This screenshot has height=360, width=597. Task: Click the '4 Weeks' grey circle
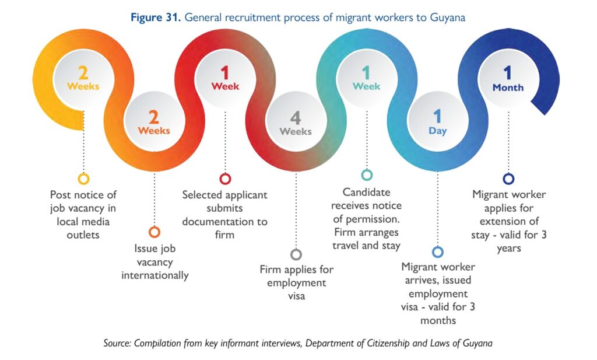[x=296, y=124]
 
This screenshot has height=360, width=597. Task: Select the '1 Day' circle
[x=437, y=123]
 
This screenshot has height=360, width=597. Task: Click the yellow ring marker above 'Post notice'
[x=83, y=179]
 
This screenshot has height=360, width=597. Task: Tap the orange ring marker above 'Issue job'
[x=154, y=232]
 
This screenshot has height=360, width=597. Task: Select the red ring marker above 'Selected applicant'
[x=225, y=179]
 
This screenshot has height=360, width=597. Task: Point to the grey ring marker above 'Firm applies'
[x=296, y=254]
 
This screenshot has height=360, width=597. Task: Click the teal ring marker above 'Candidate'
[x=367, y=175]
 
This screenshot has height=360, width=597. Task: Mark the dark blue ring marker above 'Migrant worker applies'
[x=508, y=179]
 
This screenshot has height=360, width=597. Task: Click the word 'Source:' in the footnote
[x=117, y=343]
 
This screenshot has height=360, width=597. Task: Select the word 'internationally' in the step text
[x=154, y=275]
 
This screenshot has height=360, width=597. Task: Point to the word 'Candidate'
[x=366, y=192]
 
